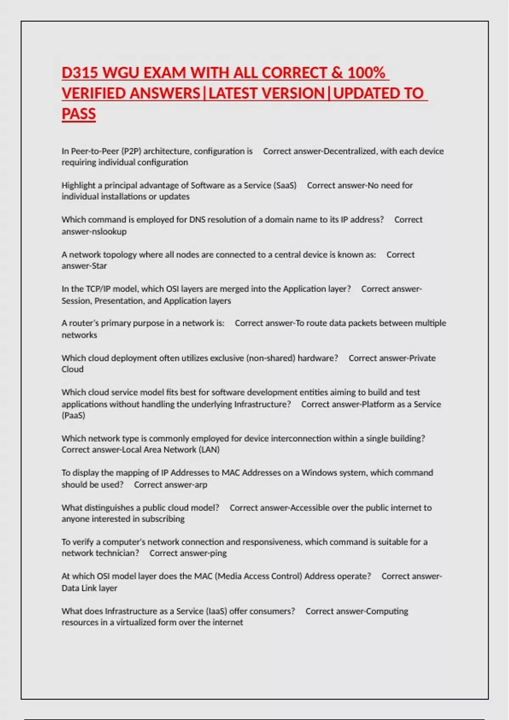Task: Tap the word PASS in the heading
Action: [78, 114]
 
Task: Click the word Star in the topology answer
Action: [99, 266]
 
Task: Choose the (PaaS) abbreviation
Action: [73, 415]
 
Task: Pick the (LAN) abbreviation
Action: [209, 450]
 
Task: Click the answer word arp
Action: [200, 485]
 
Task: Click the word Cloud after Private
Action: [73, 369]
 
